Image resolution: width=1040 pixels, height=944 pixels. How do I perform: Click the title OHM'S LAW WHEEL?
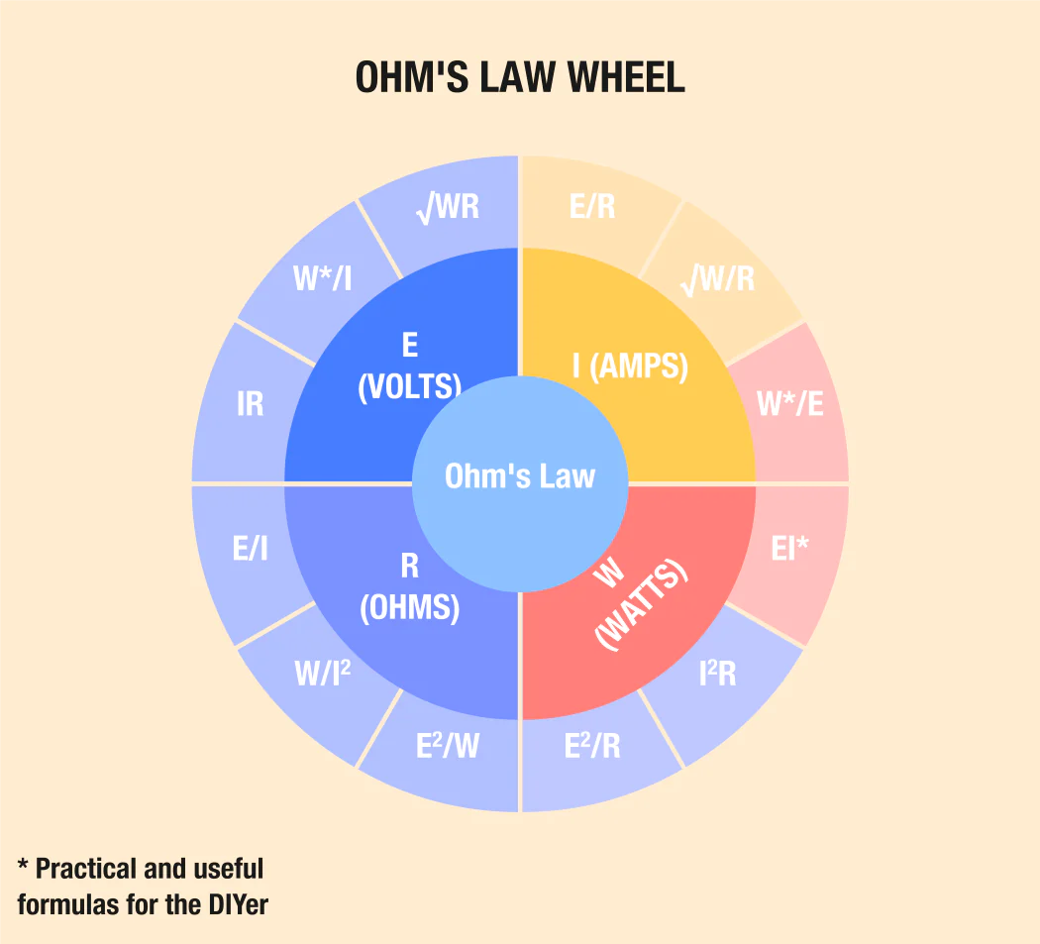[519, 78]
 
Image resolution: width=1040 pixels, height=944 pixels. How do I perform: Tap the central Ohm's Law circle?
[519, 476]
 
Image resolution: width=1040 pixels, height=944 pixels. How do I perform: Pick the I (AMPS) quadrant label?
[630, 366]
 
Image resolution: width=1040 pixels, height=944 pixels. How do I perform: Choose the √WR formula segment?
[448, 207]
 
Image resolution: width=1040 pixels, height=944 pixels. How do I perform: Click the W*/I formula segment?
[323, 279]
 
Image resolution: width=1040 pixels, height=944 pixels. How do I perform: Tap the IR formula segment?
[251, 404]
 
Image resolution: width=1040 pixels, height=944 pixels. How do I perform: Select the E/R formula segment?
[592, 206]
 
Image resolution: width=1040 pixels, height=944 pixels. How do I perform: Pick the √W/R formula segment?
[718, 279]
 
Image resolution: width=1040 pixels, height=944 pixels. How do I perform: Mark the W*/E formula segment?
[789, 404]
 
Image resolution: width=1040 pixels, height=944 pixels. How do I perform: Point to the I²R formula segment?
[717, 674]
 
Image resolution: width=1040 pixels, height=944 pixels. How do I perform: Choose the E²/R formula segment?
[592, 746]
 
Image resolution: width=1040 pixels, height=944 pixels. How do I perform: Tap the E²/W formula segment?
[448, 746]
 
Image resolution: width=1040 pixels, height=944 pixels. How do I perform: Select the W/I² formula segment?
[323, 674]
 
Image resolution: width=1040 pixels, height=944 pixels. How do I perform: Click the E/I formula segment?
[251, 549]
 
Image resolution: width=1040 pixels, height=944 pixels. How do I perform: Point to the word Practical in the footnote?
[86, 869]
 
